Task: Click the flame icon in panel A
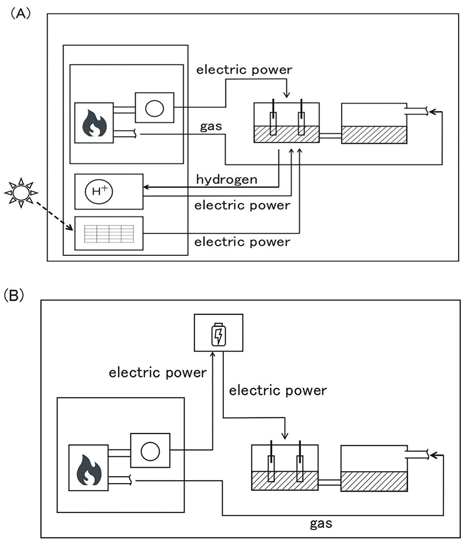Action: (x=94, y=123)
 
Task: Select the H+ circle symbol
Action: (x=99, y=191)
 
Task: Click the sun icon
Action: (x=21, y=192)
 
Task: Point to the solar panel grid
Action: (x=109, y=234)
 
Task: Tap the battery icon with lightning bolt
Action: (x=219, y=334)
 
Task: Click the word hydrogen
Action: (x=227, y=179)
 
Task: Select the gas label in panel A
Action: (x=211, y=127)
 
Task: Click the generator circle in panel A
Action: (x=154, y=108)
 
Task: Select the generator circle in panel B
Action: (x=150, y=451)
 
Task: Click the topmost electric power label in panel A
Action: (x=244, y=70)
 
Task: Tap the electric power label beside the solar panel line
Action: (x=242, y=242)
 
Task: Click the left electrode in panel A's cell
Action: (x=273, y=117)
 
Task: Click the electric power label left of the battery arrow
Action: (x=158, y=373)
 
